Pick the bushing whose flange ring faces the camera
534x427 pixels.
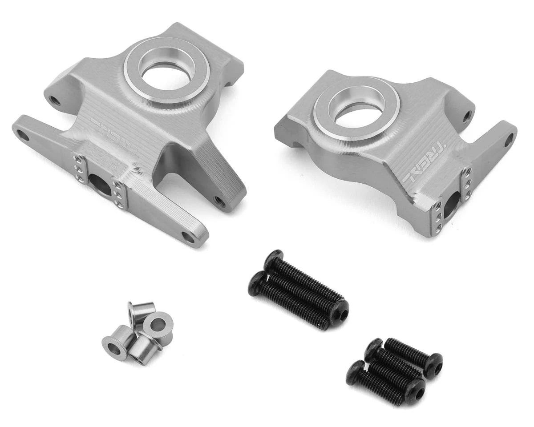click(x=158, y=323)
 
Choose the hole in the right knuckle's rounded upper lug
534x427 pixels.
click(x=467, y=117)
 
